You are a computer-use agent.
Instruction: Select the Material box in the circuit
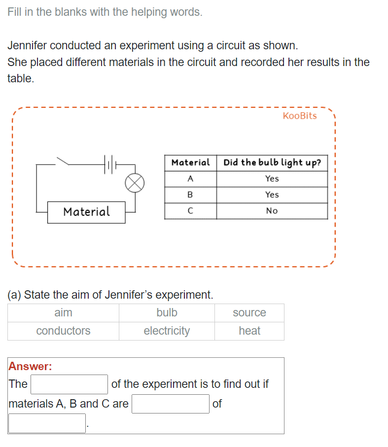click(x=86, y=212)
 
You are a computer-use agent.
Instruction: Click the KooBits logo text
click(x=300, y=116)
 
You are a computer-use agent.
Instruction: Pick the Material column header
click(x=190, y=163)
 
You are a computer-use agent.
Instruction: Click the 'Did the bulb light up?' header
click(x=272, y=163)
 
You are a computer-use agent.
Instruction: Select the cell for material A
click(x=190, y=179)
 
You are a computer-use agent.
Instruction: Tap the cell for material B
click(x=190, y=195)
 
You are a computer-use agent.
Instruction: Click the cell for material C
click(x=190, y=211)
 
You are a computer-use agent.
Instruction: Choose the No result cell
click(x=272, y=211)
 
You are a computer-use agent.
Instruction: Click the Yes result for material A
click(x=272, y=179)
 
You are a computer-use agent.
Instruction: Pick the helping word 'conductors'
click(x=63, y=331)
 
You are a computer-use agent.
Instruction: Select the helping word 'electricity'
click(x=167, y=331)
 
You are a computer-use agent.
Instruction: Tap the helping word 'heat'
click(x=249, y=331)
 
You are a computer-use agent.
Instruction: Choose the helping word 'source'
click(x=249, y=313)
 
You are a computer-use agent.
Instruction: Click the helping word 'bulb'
click(x=167, y=313)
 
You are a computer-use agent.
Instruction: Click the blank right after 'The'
click(x=69, y=384)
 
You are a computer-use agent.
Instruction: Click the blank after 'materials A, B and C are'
click(x=171, y=404)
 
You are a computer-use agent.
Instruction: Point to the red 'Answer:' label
click(x=31, y=366)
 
